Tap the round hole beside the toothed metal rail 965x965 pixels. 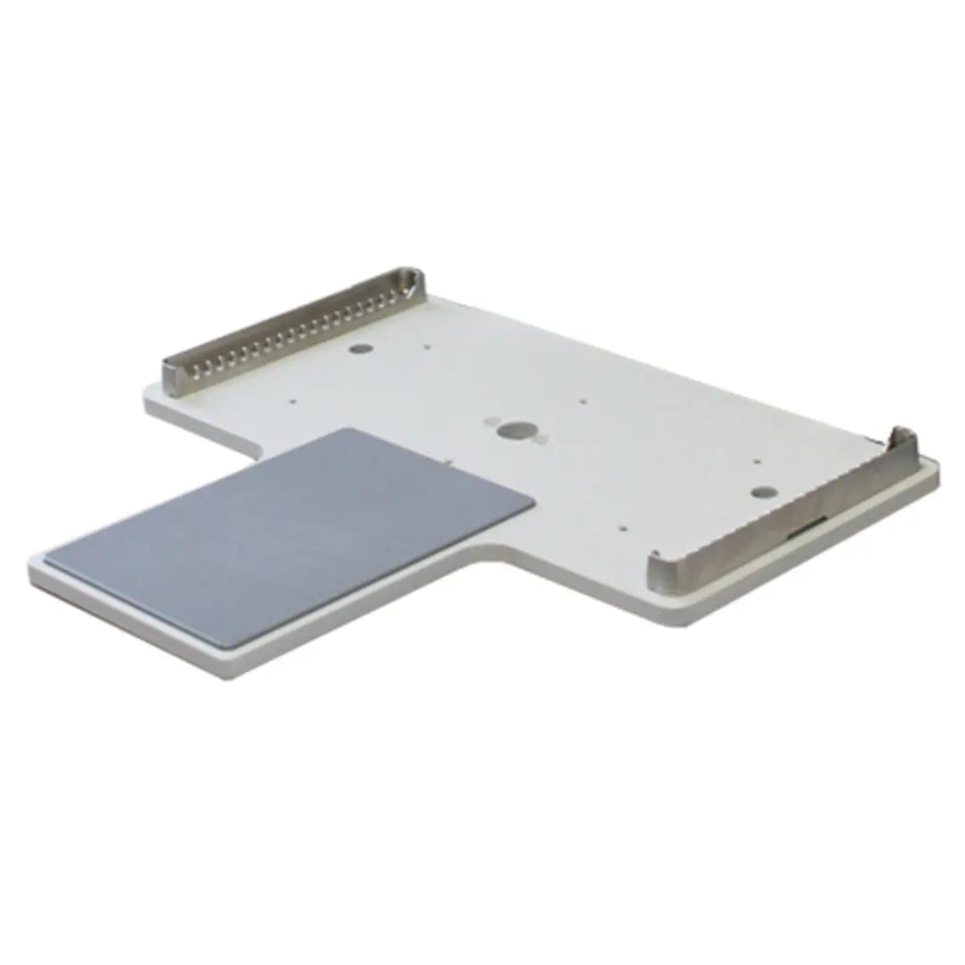[359, 349]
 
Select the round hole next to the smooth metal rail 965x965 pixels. [762, 491]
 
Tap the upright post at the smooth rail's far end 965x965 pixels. [902, 440]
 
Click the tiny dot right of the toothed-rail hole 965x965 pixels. [427, 349]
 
